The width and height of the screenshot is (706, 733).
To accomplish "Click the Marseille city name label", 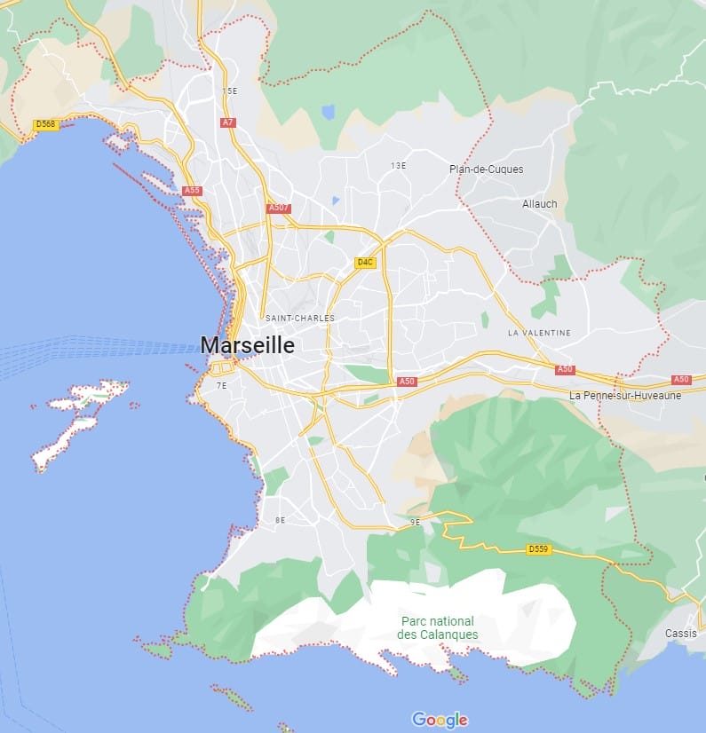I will click(247, 345).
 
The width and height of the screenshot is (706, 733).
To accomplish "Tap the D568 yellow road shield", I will click(45, 124).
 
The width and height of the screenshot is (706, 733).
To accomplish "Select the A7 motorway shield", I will click(228, 122).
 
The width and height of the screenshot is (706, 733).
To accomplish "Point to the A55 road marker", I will click(191, 191).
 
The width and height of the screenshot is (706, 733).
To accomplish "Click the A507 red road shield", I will click(279, 209).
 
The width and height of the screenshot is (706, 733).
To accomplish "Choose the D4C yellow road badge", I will click(365, 263).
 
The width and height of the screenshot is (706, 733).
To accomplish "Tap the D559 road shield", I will click(538, 549).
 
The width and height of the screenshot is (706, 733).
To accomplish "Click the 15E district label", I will click(230, 91).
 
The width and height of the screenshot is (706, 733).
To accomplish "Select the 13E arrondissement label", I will click(398, 166).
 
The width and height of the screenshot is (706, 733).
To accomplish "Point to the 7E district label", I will click(222, 386).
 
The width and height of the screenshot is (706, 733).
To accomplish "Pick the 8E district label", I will click(280, 520).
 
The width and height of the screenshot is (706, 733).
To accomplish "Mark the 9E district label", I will click(415, 523).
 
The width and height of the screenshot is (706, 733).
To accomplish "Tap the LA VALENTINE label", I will click(539, 333).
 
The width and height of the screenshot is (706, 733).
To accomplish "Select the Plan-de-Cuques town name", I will click(486, 169).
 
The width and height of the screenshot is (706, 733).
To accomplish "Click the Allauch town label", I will click(539, 204).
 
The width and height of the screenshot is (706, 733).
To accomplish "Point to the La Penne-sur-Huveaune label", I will click(625, 396).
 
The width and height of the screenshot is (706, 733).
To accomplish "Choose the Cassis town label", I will click(680, 634).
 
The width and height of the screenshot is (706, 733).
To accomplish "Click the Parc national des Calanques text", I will click(437, 628).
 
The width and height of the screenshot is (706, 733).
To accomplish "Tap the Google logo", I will click(440, 720).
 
